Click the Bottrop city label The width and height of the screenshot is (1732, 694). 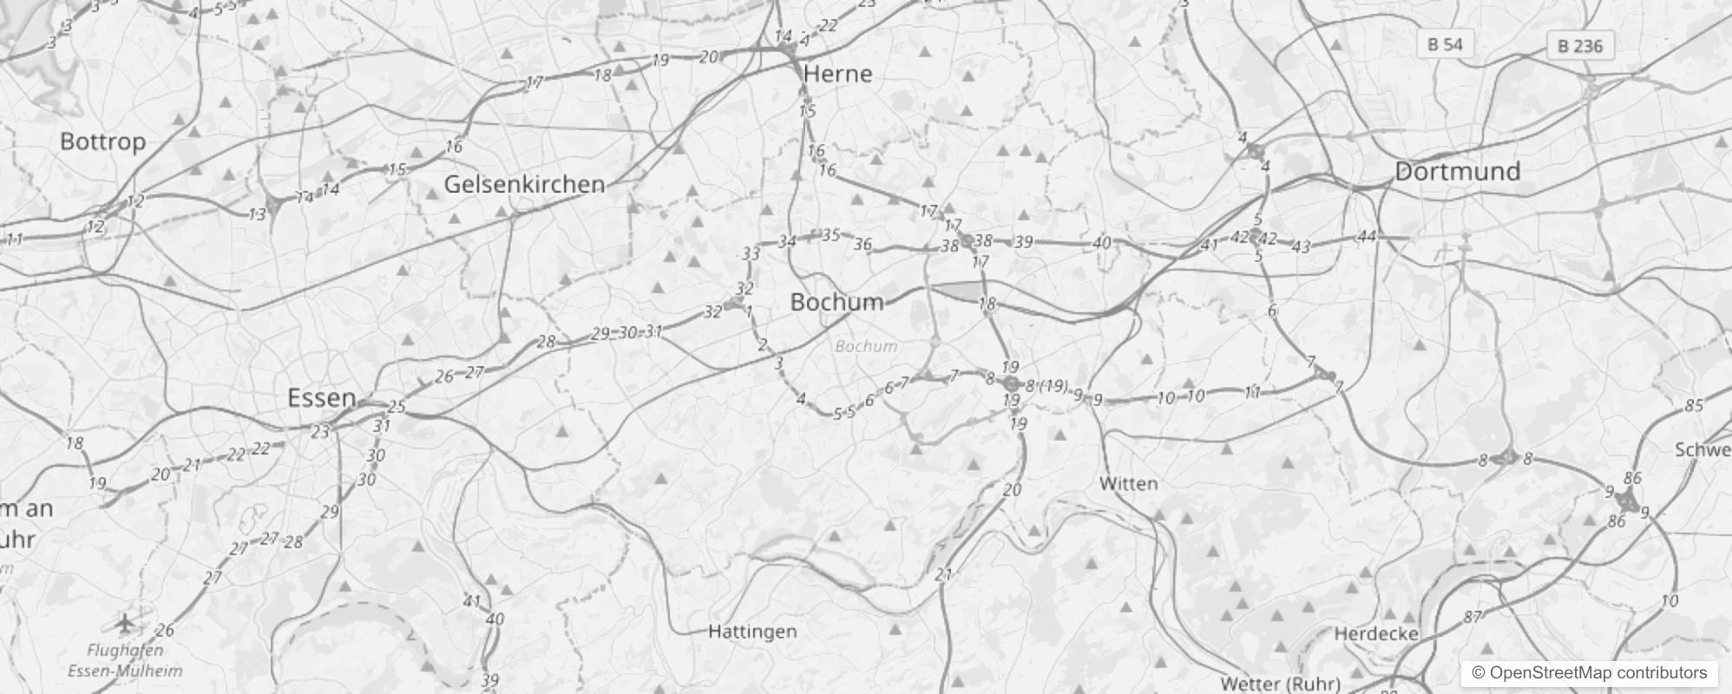click(x=102, y=141)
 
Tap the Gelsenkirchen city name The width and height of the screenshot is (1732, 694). click(x=524, y=184)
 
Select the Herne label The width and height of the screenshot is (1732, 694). click(x=837, y=74)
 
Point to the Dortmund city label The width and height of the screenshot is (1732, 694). click(x=1457, y=171)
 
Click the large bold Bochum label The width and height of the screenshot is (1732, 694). click(x=836, y=302)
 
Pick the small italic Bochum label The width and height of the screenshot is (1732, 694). click(x=865, y=346)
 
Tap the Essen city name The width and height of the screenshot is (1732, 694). click(x=322, y=398)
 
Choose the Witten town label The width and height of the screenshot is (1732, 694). click(x=1128, y=484)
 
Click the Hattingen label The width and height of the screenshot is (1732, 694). click(x=752, y=632)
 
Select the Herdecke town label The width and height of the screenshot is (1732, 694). click(x=1376, y=634)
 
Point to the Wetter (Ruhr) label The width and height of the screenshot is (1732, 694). click(x=1280, y=684)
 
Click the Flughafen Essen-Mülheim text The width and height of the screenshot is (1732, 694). click(x=125, y=660)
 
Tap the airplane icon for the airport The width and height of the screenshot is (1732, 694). click(x=126, y=622)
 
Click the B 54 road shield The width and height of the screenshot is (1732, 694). click(x=1445, y=44)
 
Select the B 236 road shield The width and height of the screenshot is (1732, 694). click(x=1580, y=46)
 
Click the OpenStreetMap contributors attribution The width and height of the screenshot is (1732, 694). click(x=1589, y=672)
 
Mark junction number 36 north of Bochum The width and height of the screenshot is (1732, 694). click(x=862, y=245)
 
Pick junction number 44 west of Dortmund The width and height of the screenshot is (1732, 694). click(x=1367, y=236)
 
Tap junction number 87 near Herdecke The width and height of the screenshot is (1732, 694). click(x=1473, y=618)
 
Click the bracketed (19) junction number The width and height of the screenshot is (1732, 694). click(x=1053, y=386)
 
